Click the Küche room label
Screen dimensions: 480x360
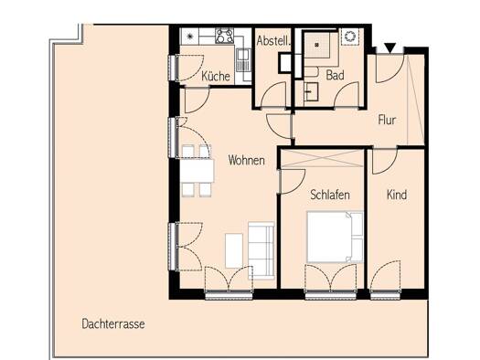coord(216,76)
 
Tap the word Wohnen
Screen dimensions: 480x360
coord(247,160)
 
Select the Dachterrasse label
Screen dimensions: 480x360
coord(113,323)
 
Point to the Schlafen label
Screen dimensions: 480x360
coord(330,195)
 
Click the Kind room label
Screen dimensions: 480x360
coord(397,195)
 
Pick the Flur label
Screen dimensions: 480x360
coord(387,120)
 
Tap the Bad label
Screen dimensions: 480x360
coord(335,75)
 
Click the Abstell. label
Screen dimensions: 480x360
coord(273,41)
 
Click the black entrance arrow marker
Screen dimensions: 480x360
coord(390,48)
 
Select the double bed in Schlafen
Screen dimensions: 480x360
coord(335,237)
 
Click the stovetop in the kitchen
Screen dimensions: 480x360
coord(224,36)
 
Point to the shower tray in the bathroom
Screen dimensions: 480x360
coord(317,45)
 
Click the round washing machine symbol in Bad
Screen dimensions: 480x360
coord(348,37)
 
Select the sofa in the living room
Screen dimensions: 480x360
coord(261,250)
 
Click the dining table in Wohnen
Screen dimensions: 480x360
coord(197,170)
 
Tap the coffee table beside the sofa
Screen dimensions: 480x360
coord(234,250)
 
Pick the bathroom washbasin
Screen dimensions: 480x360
coord(312,91)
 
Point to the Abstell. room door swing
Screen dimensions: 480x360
coord(274,95)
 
